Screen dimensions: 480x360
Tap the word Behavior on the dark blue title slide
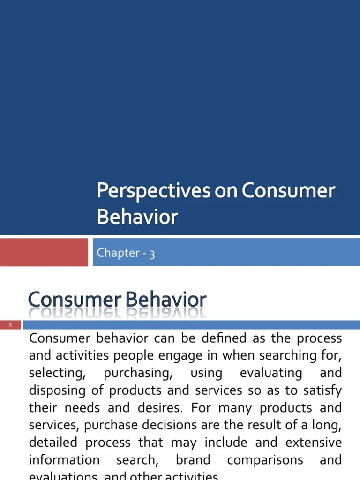[x=137, y=217]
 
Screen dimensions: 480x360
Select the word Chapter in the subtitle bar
[x=118, y=253]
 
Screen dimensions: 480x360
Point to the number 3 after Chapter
[x=152, y=254]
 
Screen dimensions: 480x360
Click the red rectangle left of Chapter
[x=44, y=252]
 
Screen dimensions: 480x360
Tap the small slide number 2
[x=10, y=325]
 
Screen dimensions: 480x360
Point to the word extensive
[x=314, y=442]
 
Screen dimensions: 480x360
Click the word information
[x=64, y=460]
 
